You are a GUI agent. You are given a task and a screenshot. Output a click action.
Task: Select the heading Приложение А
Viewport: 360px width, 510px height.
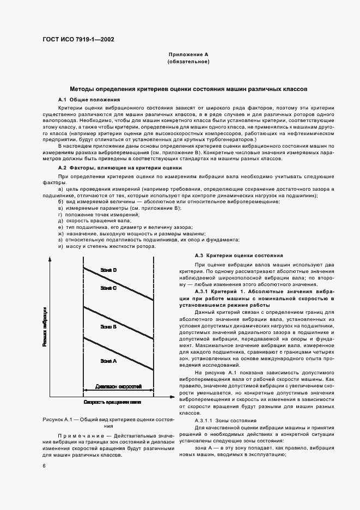click(x=188, y=55)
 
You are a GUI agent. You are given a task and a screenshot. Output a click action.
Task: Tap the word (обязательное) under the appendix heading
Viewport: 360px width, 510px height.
click(x=188, y=62)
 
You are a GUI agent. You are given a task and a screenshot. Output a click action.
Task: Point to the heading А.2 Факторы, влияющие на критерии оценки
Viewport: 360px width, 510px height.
click(x=116, y=168)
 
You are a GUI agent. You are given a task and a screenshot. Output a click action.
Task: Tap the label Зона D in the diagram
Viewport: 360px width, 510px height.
click(x=108, y=270)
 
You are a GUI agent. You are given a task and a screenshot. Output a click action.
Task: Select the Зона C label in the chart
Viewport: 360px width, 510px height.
click(x=108, y=288)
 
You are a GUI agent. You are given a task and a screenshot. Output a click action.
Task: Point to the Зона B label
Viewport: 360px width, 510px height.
click(x=108, y=326)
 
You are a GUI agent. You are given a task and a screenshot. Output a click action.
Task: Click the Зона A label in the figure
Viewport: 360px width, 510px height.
click(x=108, y=361)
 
